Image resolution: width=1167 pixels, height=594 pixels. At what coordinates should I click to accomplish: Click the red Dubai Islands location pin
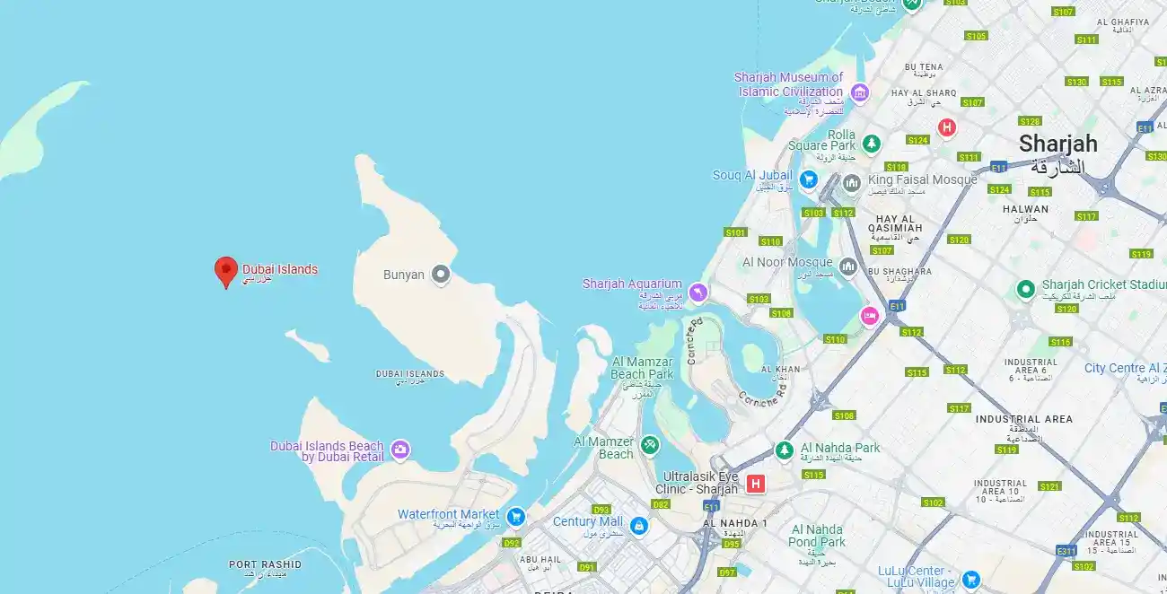coord(225,269)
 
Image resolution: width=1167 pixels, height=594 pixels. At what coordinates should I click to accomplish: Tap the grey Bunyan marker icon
coord(440,275)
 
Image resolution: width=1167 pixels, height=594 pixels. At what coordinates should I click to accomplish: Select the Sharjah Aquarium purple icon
coord(698,293)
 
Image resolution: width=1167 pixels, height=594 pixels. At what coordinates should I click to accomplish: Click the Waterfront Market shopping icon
coord(515,516)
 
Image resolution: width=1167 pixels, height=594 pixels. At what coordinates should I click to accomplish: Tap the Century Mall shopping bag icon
coord(638,525)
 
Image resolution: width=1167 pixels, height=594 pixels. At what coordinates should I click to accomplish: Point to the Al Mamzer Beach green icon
coord(650,444)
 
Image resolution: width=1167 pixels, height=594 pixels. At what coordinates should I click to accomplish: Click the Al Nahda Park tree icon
coord(785,450)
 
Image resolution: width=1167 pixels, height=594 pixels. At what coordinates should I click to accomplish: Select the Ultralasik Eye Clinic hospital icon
coord(756,485)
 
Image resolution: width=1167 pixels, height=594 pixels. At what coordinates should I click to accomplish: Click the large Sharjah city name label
coord(1057,144)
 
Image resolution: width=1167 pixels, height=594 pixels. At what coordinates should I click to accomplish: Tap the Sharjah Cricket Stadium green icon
coord(1025,289)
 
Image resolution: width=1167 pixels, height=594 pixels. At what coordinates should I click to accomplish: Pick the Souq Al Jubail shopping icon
coord(808,179)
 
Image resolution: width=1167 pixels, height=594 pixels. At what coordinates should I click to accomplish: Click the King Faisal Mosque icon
coord(851,183)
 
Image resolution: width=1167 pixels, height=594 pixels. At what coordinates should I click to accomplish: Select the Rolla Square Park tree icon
coord(871,144)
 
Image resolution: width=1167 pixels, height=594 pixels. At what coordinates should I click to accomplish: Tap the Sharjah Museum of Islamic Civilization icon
coord(860,92)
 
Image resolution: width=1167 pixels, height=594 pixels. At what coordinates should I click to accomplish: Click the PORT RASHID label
coord(265,564)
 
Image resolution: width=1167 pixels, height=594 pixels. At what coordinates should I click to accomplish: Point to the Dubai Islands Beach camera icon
coord(399,450)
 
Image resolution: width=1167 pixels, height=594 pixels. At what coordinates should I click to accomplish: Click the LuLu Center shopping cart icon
coord(970,579)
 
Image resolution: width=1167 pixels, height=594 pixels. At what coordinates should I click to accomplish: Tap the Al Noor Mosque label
coord(787,262)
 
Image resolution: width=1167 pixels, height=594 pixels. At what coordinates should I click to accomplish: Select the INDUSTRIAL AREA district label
coord(1023,419)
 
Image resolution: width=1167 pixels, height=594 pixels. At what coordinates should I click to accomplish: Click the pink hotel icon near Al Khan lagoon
coord(869,315)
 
